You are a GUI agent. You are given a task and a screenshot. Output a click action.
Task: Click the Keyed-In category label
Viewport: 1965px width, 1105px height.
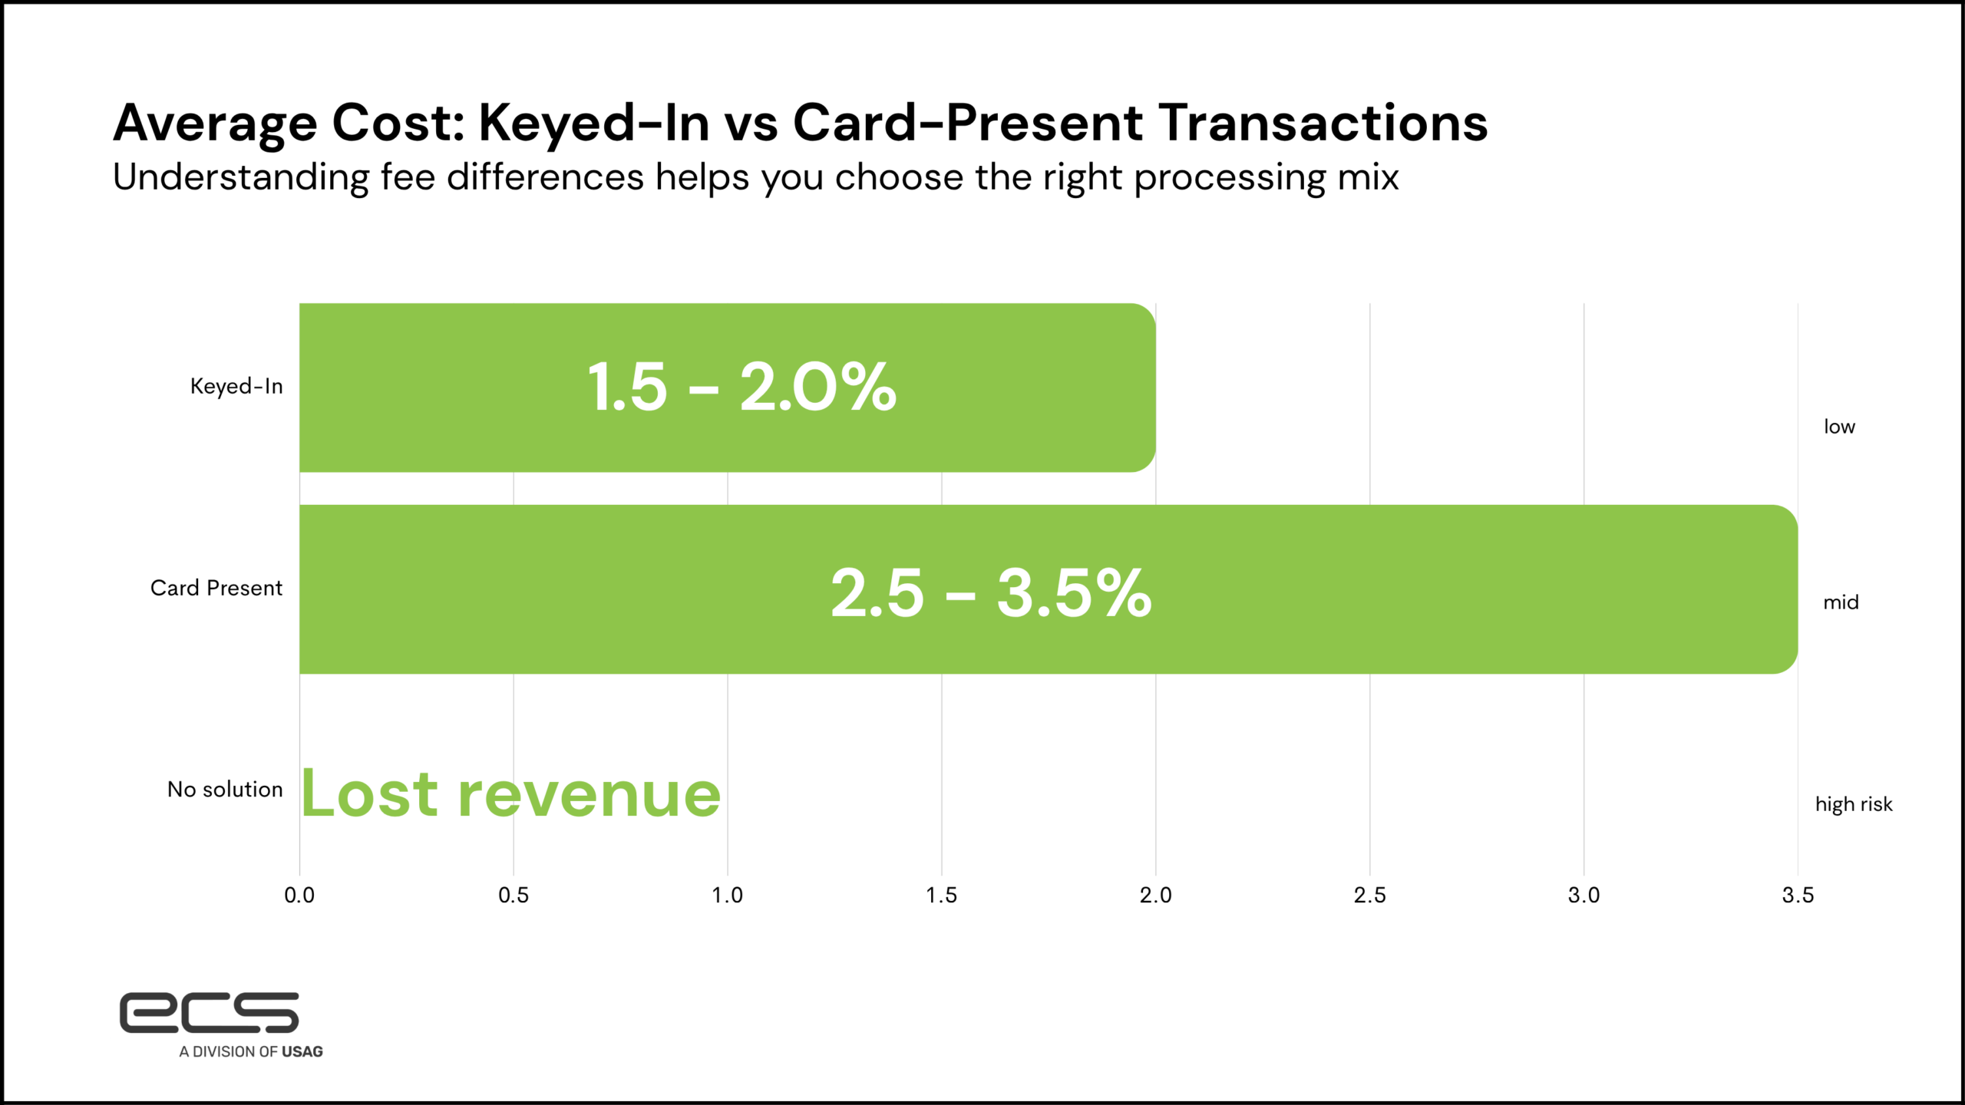point(236,386)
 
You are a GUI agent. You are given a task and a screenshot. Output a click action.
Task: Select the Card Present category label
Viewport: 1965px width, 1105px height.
point(216,588)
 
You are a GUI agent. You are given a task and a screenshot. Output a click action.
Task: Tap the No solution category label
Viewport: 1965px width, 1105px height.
point(225,790)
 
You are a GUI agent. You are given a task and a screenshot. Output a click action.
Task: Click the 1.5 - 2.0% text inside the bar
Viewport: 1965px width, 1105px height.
point(741,388)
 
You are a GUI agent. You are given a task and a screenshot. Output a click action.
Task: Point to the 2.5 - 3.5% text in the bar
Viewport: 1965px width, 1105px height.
point(991,593)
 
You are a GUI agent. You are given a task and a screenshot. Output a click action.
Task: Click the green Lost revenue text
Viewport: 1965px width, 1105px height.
point(510,794)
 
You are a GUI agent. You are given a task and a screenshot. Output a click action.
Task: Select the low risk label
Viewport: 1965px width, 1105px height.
point(1839,427)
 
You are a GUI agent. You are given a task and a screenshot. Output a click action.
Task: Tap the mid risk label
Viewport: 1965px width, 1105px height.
point(1841,602)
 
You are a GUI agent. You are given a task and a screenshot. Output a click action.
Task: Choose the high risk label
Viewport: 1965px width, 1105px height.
point(1854,804)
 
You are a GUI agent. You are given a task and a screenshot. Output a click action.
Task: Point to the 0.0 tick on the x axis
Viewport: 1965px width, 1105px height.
point(299,896)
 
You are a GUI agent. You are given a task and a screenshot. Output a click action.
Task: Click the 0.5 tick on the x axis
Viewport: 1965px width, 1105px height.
point(514,896)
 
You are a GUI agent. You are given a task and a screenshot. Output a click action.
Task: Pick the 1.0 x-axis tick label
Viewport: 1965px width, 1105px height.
point(727,896)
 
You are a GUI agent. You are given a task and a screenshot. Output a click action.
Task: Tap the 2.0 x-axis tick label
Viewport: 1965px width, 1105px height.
point(1155,896)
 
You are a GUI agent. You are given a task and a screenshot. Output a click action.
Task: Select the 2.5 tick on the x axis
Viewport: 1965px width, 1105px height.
point(1369,896)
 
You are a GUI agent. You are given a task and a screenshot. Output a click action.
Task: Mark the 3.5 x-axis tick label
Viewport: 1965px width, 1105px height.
point(1798,896)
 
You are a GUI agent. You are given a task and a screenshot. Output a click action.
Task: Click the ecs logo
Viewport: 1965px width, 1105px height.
point(209,1012)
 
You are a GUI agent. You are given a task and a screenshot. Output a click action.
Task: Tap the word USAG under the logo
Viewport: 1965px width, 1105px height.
point(302,1052)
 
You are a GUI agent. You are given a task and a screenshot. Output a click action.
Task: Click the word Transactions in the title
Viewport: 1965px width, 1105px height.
point(1323,123)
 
